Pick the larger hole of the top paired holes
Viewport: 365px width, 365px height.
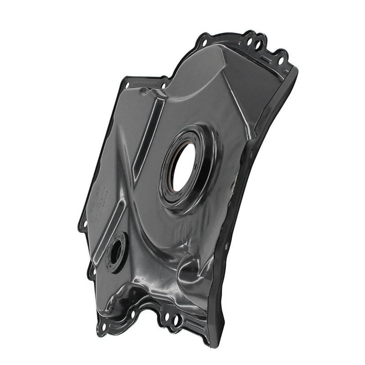tap(257, 46)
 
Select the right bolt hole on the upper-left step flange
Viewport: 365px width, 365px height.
tap(163, 84)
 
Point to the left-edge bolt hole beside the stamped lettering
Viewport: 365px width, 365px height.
tap(83, 224)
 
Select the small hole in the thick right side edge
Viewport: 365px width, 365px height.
tap(227, 246)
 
